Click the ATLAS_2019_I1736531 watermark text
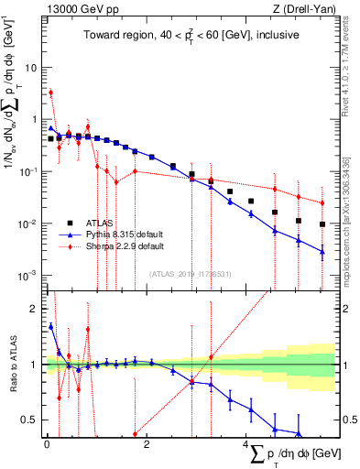click(189, 272)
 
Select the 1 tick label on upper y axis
click(34, 120)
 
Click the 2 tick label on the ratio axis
click(34, 309)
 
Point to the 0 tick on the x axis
click(46, 443)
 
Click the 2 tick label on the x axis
click(147, 443)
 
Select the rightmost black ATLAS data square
click(322, 224)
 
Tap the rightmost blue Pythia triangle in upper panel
click(322, 251)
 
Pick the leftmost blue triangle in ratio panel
click(50, 325)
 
